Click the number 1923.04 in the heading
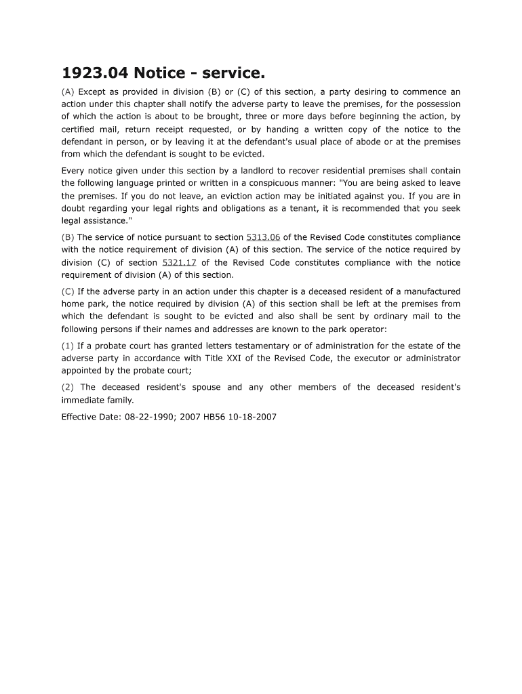(94, 73)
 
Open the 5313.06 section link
(263, 237)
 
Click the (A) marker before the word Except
(68, 91)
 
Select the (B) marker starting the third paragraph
(68, 237)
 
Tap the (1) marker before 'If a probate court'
(68, 346)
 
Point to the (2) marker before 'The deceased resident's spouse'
(68, 387)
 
